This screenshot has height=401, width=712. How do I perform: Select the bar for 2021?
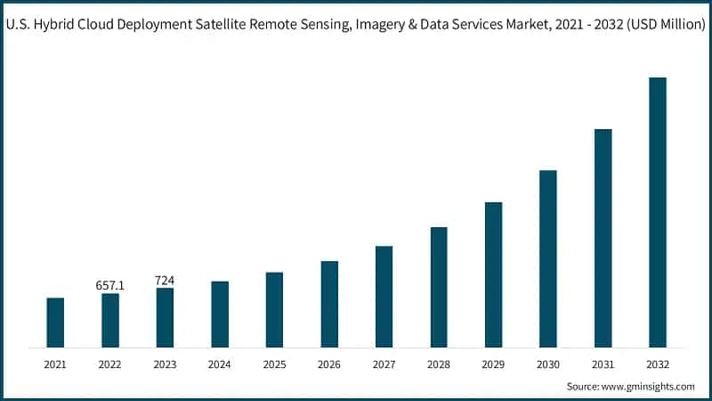(55, 322)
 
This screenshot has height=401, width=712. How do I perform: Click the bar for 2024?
(220, 314)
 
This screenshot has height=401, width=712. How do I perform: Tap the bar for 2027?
(384, 296)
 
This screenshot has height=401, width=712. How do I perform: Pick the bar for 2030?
(548, 258)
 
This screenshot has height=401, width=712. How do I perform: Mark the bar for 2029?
(493, 274)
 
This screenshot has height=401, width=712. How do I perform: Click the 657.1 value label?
(110, 285)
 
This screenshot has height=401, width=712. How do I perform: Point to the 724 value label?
(165, 281)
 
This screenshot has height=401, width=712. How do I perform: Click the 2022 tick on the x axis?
(110, 364)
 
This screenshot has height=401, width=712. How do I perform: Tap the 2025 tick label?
(274, 364)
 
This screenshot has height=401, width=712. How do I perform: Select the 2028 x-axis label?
(439, 364)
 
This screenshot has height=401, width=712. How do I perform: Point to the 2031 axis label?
(603, 364)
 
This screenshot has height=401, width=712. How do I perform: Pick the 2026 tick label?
(329, 364)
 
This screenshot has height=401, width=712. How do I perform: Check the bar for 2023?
(165, 317)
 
